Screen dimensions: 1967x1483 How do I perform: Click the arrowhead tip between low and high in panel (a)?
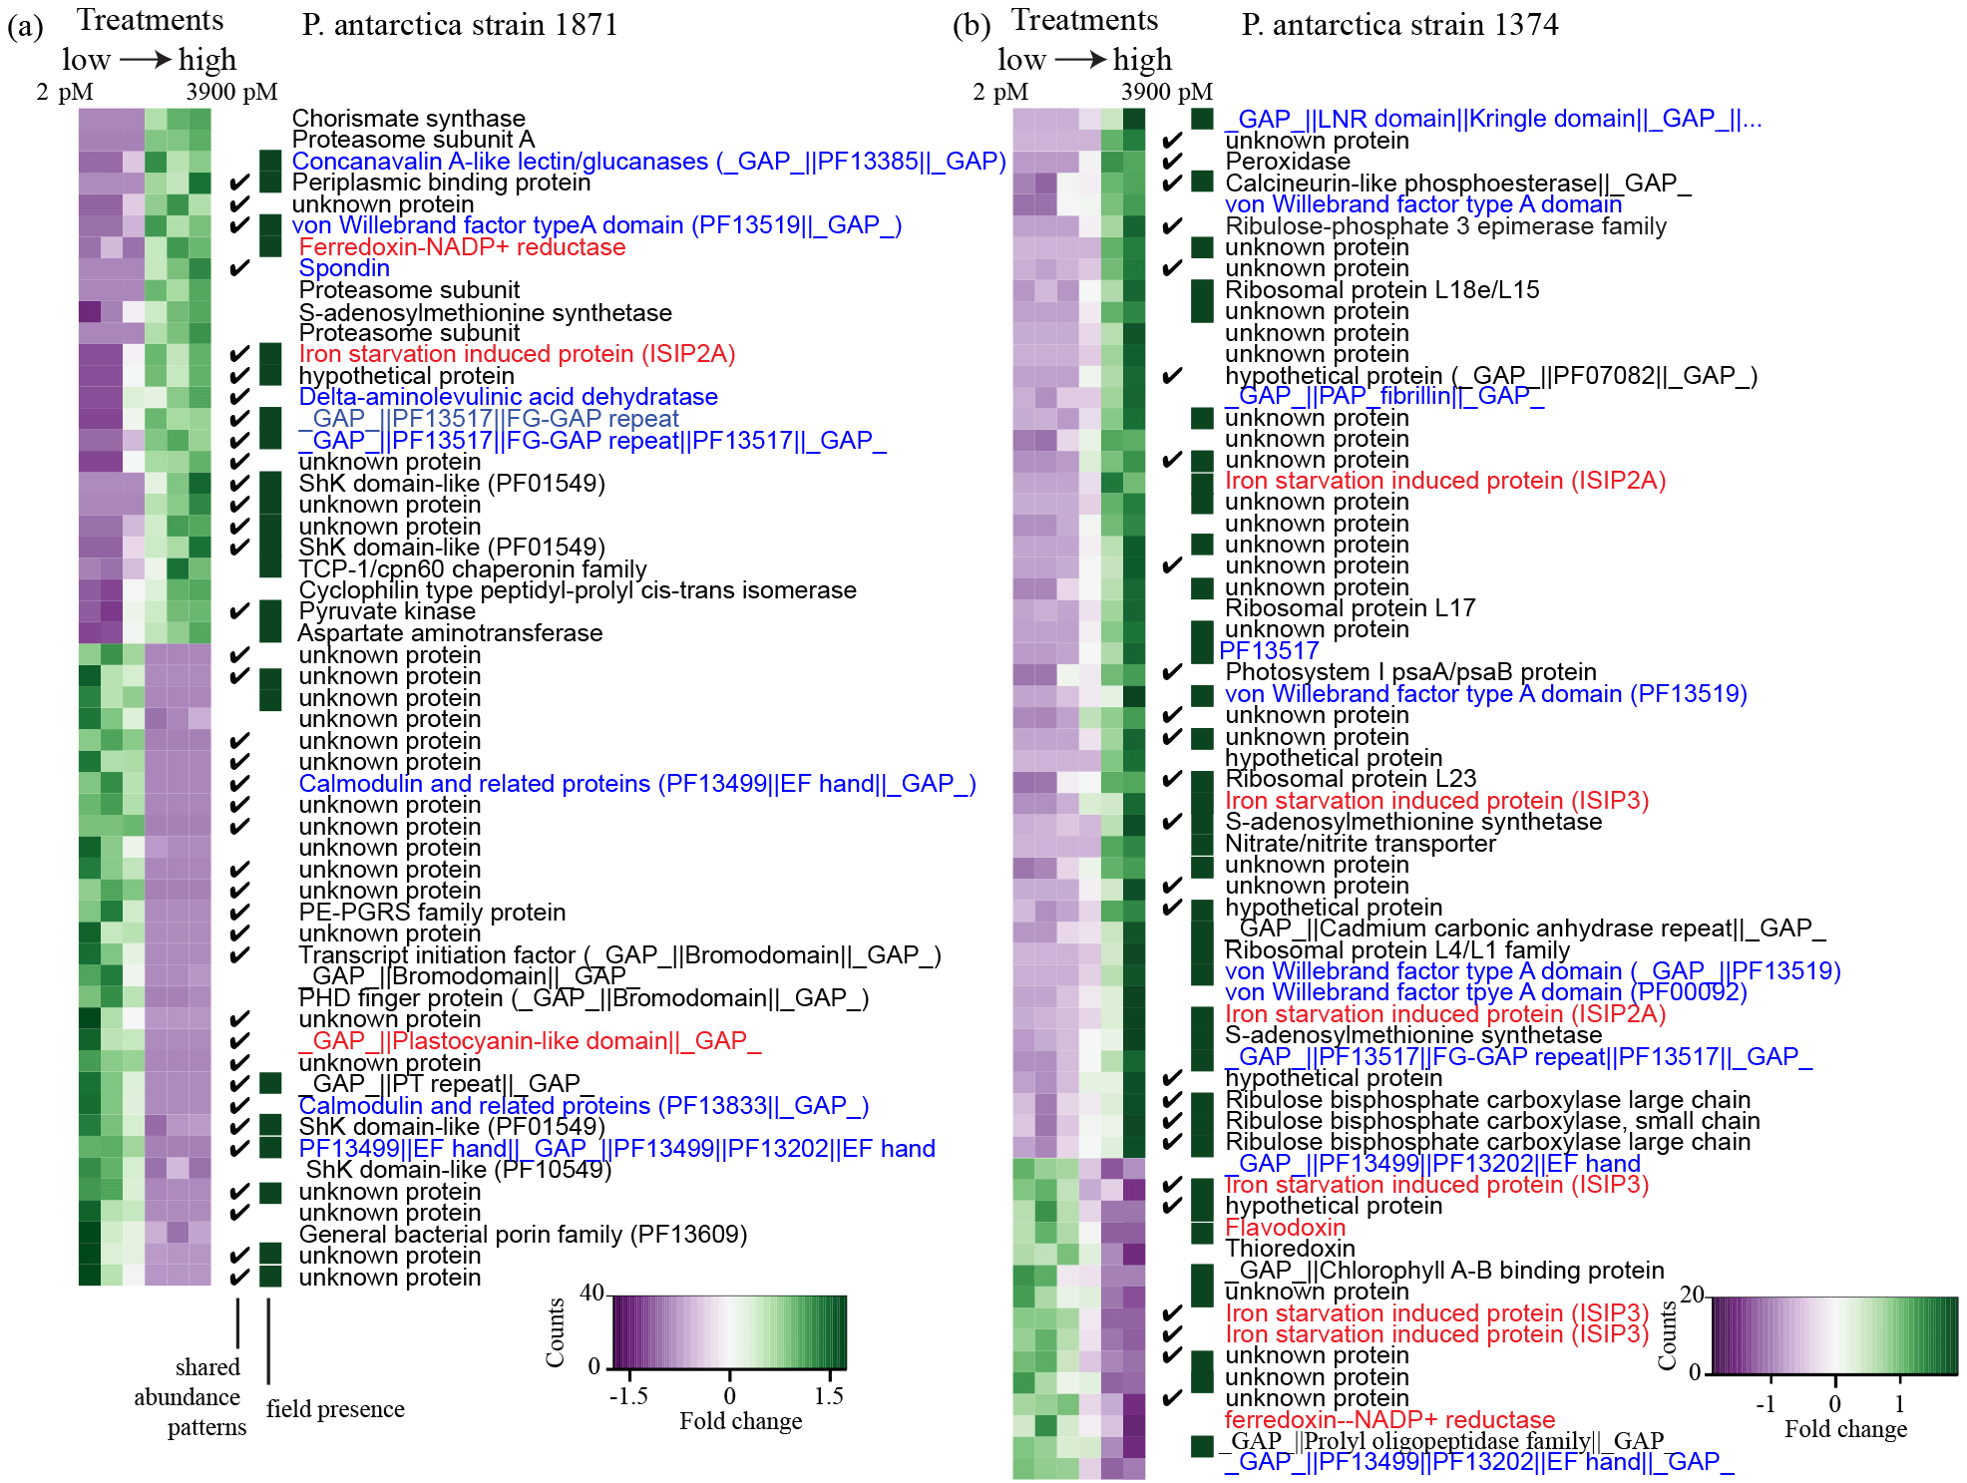point(173,61)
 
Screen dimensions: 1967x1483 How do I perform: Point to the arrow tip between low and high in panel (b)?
point(1108,61)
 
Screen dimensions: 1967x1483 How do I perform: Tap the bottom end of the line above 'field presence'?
point(268,1384)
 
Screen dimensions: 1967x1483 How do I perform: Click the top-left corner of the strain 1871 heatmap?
point(79,109)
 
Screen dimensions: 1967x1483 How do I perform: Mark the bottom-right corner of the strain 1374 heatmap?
point(1145,1479)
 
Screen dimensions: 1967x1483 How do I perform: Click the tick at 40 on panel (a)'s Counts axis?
point(608,1296)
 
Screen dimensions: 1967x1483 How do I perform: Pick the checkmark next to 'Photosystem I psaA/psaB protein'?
point(1173,672)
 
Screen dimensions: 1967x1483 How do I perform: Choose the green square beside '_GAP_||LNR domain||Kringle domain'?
point(1203,119)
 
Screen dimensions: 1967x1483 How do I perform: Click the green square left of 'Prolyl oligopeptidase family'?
point(1203,1444)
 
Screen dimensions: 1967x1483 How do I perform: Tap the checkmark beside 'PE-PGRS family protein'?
point(239,912)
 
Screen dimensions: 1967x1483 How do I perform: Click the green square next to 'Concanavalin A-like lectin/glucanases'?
point(270,161)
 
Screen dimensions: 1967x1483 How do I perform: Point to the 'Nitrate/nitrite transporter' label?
point(1361,844)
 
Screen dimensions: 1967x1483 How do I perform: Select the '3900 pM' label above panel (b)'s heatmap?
point(1167,92)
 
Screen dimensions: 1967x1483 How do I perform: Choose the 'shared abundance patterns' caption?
point(191,1396)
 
